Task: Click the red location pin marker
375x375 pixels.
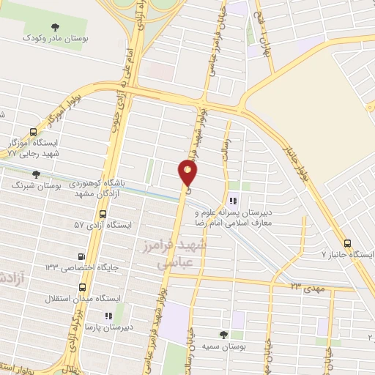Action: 188,173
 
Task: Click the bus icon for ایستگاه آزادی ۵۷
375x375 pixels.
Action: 103,215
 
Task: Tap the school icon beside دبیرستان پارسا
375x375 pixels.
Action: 108,315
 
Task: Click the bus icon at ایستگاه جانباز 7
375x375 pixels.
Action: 347,243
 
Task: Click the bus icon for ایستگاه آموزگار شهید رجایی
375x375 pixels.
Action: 33,133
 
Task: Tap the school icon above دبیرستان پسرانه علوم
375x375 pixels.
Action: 233,199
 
